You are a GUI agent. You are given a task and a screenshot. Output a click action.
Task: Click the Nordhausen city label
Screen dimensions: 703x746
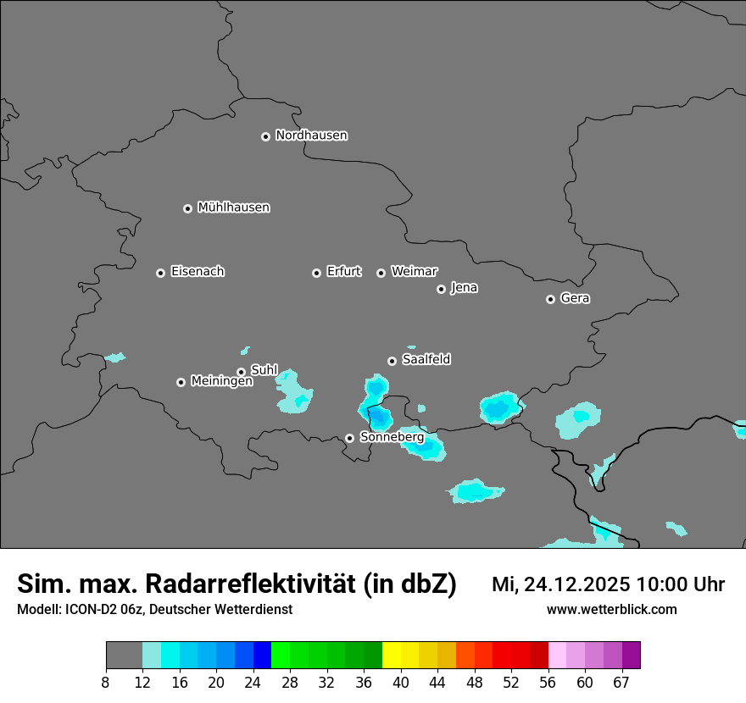point(311,136)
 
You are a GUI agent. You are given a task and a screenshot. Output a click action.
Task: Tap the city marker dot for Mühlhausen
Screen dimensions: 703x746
point(188,208)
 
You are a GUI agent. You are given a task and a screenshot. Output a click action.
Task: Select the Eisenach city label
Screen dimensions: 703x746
point(198,272)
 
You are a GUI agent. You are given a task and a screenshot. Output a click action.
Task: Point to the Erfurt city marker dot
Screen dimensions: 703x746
point(316,273)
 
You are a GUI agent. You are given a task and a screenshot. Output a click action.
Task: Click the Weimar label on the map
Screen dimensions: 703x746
point(414,272)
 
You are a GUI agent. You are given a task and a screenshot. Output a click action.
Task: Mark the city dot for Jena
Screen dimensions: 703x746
point(441,289)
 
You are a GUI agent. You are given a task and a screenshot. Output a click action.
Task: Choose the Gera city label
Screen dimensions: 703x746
point(575,298)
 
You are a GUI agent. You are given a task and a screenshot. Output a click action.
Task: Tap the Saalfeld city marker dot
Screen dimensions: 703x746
point(392,361)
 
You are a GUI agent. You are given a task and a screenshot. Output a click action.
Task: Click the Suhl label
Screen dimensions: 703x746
point(264,370)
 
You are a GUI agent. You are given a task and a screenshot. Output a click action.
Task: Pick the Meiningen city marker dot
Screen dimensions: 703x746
point(181,382)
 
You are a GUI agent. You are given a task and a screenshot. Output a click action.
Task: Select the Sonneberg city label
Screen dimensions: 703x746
point(392,437)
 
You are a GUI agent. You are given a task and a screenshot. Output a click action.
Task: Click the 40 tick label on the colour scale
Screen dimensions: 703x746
point(401,682)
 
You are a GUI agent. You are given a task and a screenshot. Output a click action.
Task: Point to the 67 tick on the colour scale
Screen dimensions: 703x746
point(621,682)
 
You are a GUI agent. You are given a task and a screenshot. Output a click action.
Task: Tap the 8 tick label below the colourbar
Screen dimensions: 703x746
point(106,682)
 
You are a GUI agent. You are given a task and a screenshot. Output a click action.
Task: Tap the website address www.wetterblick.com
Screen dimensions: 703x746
point(611,609)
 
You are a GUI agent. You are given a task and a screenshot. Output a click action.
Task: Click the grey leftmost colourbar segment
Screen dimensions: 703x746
point(124,656)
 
